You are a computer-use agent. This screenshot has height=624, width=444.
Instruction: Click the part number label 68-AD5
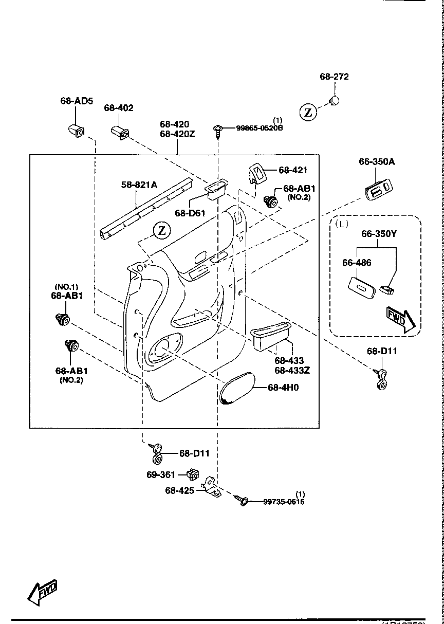pos(77,101)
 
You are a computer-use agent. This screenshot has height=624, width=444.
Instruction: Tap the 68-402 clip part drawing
pos(119,132)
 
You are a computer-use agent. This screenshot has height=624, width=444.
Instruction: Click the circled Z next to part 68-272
pos(308,112)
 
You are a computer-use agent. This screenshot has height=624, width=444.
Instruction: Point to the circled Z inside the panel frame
pos(162,230)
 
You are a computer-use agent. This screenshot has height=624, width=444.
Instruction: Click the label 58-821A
pos(139,184)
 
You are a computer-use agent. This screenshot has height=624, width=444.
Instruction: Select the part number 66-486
pos(357,263)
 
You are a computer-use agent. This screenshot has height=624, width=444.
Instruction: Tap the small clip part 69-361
pos(193,474)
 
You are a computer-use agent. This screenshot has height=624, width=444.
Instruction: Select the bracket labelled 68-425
pos(212,486)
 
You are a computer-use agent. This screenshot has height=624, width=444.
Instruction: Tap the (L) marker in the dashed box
pos(341,224)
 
